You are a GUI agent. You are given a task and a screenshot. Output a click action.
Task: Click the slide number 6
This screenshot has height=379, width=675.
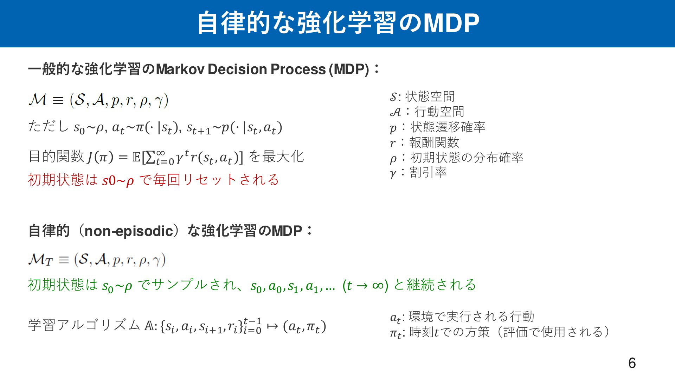632,363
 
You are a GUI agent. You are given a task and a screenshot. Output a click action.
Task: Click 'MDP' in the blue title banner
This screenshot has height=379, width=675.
451,23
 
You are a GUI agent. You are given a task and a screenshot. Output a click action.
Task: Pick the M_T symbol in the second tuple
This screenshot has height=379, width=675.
41,260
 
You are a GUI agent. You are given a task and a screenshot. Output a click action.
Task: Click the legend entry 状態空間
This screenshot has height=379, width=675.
430,96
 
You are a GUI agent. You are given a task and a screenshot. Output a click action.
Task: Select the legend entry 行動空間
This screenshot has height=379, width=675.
439,112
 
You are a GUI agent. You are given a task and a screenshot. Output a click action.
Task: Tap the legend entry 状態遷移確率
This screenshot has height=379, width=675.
448,127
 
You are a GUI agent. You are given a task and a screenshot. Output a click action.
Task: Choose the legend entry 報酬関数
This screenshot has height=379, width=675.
435,142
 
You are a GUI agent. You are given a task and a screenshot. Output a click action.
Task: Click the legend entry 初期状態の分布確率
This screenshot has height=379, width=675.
467,157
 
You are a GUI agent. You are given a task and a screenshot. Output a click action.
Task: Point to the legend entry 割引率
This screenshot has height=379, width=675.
428,172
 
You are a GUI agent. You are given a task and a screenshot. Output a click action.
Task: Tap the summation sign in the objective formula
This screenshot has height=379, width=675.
150,158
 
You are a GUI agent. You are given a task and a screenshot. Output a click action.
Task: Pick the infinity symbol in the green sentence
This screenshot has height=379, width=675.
378,285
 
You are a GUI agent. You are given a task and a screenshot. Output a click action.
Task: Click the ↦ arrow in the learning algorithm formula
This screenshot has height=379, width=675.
272,326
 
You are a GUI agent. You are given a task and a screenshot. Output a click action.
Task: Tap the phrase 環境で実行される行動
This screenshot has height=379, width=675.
471,317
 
